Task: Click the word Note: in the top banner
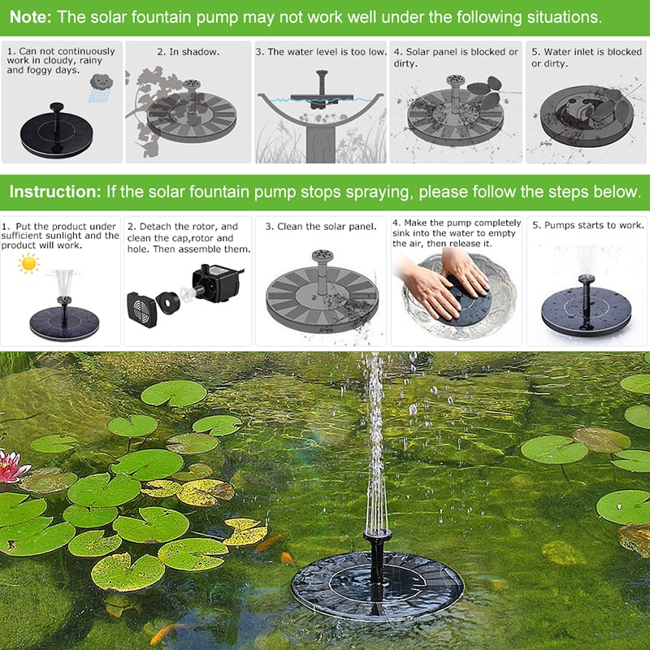click(30, 17)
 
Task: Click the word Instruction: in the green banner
click(55, 192)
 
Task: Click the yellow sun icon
click(28, 264)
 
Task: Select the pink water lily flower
click(11, 466)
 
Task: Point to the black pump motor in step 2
click(217, 284)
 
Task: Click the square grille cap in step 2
click(141, 310)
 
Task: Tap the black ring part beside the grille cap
click(168, 302)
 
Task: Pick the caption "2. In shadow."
click(188, 52)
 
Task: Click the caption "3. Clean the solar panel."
click(321, 227)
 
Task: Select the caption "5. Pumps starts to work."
click(587, 225)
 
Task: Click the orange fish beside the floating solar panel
click(287, 558)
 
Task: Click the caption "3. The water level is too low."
click(321, 52)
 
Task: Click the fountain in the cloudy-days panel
click(57, 131)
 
